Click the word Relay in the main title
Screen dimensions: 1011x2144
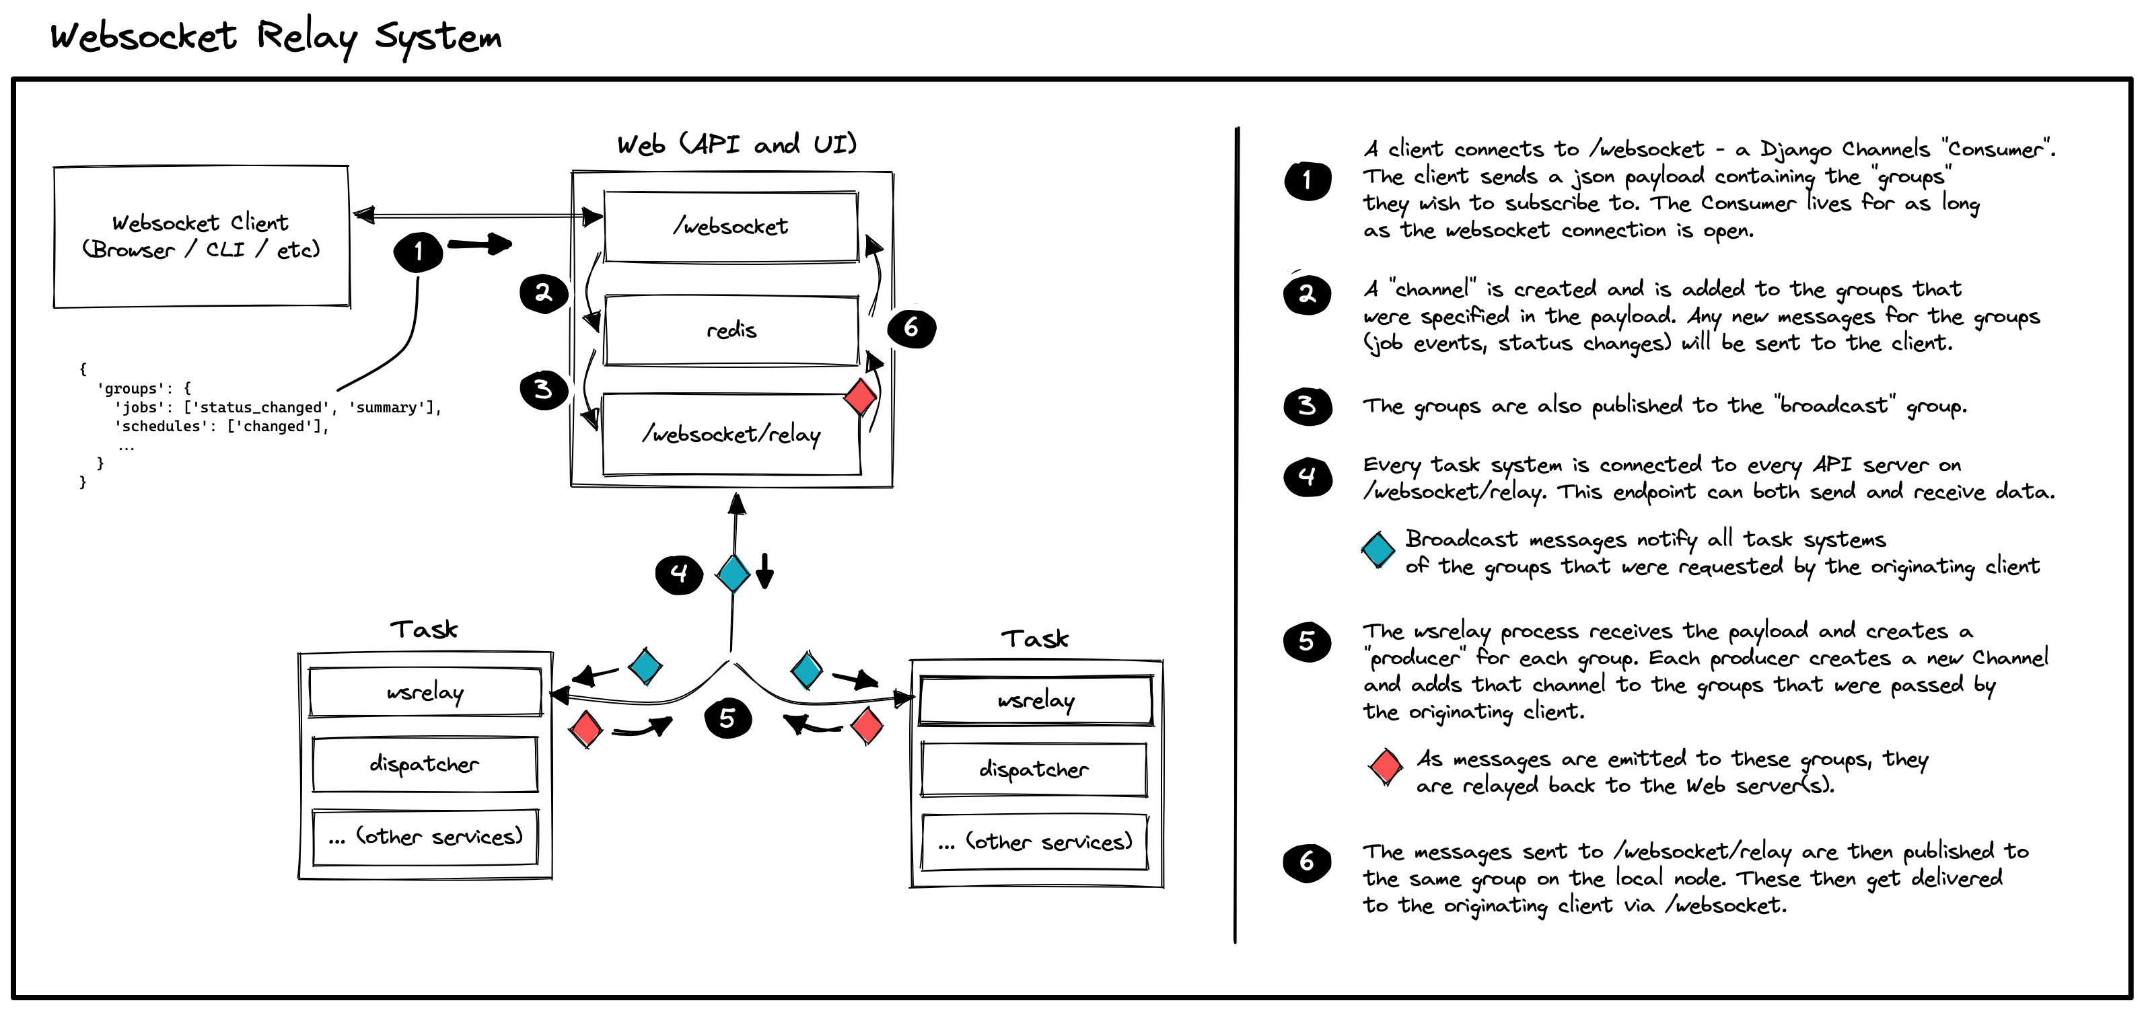(x=306, y=38)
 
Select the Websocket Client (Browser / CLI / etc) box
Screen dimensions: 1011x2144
(x=201, y=236)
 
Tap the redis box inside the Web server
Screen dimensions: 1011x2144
(x=731, y=330)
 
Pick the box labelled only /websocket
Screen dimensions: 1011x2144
(x=731, y=226)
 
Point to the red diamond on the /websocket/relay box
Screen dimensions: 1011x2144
(x=860, y=397)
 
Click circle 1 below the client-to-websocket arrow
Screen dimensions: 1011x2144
(x=418, y=252)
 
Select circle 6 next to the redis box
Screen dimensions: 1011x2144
(x=911, y=328)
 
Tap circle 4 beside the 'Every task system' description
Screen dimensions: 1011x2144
(x=1308, y=477)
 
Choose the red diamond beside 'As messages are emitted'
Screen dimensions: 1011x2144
(x=1386, y=766)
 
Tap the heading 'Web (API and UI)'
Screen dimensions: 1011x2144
(x=737, y=145)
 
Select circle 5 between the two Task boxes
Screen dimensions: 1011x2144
(x=727, y=718)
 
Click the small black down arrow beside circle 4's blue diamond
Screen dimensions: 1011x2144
(x=765, y=571)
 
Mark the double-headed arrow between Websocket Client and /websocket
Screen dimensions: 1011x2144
(x=478, y=217)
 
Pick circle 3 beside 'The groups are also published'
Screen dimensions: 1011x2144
(x=1308, y=406)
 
